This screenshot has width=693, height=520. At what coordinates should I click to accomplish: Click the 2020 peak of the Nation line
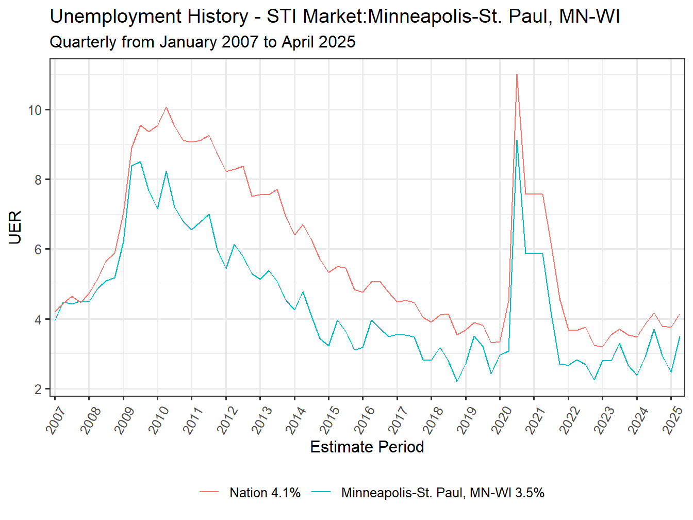click(x=517, y=74)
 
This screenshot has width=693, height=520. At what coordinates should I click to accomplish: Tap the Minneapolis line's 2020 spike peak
click(x=517, y=140)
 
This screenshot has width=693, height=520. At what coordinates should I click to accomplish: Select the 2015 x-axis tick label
click(x=330, y=419)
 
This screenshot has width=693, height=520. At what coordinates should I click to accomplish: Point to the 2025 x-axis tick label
click(x=672, y=419)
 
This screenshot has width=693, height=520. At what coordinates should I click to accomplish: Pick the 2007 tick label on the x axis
click(x=56, y=419)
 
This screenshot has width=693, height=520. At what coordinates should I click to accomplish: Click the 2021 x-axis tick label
click(x=535, y=419)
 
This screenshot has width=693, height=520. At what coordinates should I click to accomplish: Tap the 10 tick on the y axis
click(x=35, y=110)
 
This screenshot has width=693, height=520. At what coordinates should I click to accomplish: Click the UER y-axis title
click(x=15, y=227)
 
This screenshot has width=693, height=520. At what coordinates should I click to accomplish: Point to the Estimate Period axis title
click(x=367, y=447)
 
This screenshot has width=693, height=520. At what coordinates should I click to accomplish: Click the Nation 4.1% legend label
click(x=265, y=493)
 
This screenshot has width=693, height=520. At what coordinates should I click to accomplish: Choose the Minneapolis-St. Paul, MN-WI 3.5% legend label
click(x=442, y=493)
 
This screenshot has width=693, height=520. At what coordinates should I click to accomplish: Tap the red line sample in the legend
click(x=209, y=493)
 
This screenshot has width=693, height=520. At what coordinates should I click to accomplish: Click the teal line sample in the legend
click(x=321, y=493)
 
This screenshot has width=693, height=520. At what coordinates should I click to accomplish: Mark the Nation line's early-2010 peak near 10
click(x=166, y=107)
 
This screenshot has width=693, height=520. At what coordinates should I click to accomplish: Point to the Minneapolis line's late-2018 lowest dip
click(x=457, y=381)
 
